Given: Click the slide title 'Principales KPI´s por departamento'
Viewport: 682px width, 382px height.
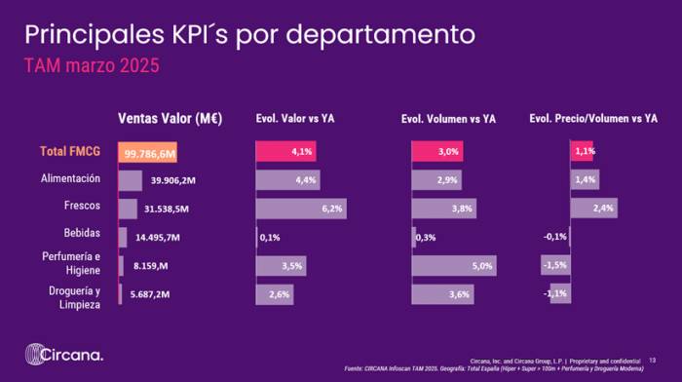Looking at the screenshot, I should (x=249, y=36).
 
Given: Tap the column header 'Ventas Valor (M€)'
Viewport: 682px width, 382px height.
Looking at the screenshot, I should (x=170, y=119).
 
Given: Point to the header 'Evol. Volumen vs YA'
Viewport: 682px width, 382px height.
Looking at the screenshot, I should (x=448, y=119).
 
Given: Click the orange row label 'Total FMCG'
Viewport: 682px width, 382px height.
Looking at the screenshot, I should (x=71, y=152).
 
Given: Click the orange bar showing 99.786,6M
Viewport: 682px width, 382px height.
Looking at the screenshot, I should (x=149, y=153).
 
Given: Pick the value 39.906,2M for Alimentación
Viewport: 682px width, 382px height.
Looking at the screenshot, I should (x=174, y=180).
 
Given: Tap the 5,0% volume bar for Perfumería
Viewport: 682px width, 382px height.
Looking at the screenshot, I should (x=455, y=265).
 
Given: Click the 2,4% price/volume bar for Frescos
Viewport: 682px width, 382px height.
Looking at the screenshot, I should (x=593, y=209).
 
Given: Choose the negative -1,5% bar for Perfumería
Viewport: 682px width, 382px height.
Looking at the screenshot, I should (x=555, y=265).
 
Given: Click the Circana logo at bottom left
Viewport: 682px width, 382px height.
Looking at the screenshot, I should (x=63, y=355).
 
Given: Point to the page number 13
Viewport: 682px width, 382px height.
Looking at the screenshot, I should (x=652, y=360).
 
